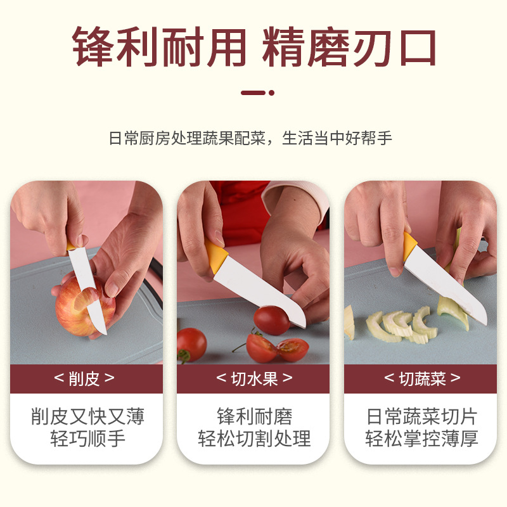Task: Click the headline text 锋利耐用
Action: pyautogui.click(x=160, y=47)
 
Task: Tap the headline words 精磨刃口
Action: pyautogui.click(x=349, y=47)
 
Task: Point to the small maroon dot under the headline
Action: pyautogui.click(x=272, y=93)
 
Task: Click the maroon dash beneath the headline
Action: pyautogui.click(x=253, y=93)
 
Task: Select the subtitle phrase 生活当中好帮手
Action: pyautogui.click(x=337, y=138)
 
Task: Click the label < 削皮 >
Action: pyautogui.click(x=84, y=378)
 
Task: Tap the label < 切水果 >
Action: pyautogui.click(x=254, y=378)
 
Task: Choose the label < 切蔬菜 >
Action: pyautogui.click(x=422, y=378)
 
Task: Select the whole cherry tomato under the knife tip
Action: pyautogui.click(x=272, y=320)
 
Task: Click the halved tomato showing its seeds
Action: pyautogui.click(x=293, y=350)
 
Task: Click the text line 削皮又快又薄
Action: pyautogui.click(x=87, y=416)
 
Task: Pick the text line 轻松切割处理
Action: pyautogui.click(x=254, y=439)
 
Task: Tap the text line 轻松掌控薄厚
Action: pyautogui.click(x=421, y=439)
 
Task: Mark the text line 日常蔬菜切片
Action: pyautogui.click(x=421, y=416)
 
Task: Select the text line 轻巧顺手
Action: pyautogui.click(x=87, y=439)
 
